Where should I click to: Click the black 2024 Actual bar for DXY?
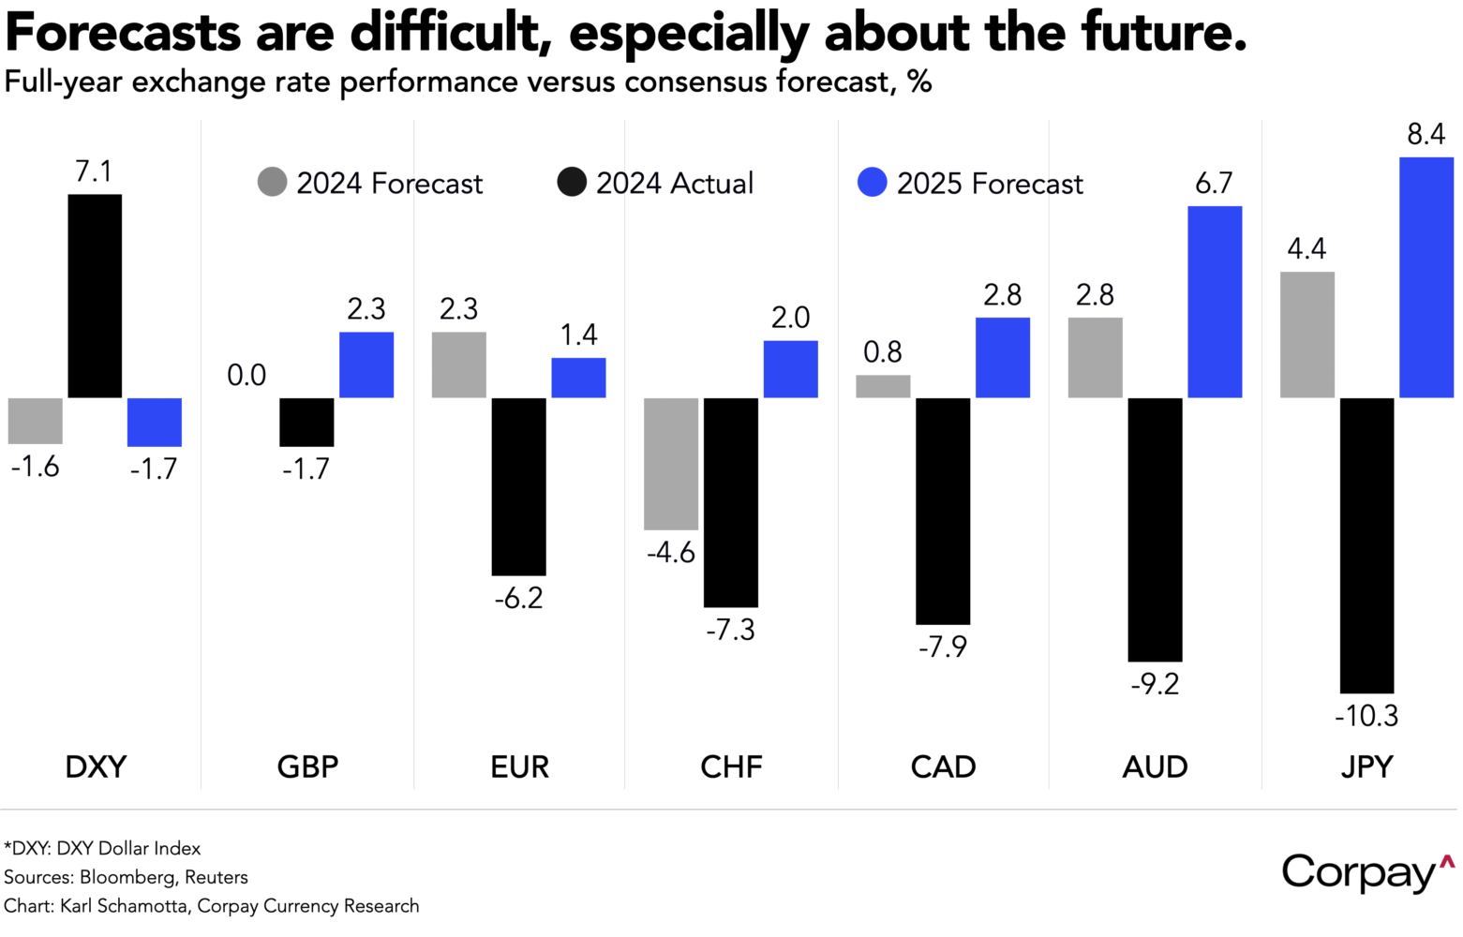click(95, 296)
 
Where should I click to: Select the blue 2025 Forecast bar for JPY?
click(1426, 277)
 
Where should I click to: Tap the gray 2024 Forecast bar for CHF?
click(671, 464)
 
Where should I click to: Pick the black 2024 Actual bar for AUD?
click(1155, 529)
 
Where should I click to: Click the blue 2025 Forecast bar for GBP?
click(366, 365)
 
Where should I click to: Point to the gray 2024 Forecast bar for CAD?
click(883, 386)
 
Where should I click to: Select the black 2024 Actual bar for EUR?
click(518, 486)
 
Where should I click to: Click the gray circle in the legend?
click(273, 182)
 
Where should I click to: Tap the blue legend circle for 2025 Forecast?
click(873, 182)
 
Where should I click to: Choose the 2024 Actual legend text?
click(675, 183)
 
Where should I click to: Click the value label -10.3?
click(1366, 717)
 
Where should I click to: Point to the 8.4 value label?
click(1426, 135)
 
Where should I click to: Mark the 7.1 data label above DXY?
click(94, 171)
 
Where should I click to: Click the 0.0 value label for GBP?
click(246, 376)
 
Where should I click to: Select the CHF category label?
click(731, 766)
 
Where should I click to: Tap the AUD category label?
click(1155, 766)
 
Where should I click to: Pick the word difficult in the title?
click(450, 34)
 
